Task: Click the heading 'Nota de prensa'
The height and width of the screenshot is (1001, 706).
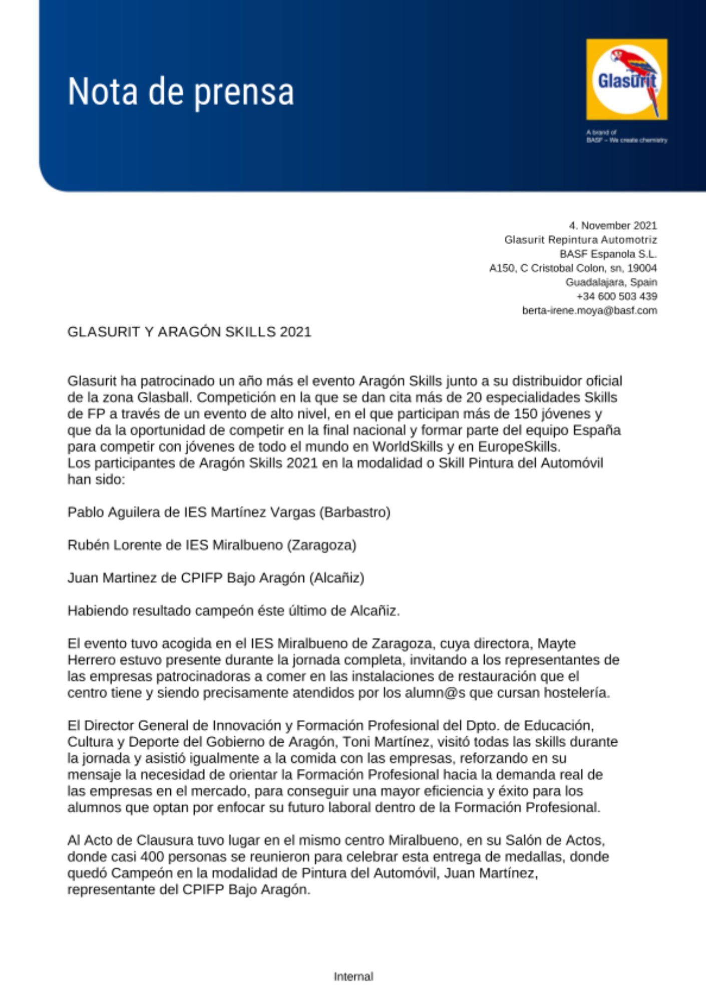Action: click(x=180, y=92)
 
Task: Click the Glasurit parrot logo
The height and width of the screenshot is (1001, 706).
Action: click(x=626, y=80)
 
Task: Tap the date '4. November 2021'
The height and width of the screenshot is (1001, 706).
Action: click(x=612, y=226)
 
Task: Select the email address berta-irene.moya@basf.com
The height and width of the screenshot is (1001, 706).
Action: click(x=589, y=311)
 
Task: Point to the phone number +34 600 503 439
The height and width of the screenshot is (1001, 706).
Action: click(x=616, y=296)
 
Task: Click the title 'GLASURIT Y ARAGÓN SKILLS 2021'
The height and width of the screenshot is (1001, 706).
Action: click(x=189, y=332)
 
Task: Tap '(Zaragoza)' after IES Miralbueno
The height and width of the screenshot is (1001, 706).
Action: click(x=321, y=545)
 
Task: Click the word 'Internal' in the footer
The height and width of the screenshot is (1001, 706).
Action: click(x=354, y=976)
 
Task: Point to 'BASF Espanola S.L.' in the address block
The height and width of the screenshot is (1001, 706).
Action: click(x=608, y=254)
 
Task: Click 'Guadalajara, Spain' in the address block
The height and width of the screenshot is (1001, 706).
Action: click(x=611, y=282)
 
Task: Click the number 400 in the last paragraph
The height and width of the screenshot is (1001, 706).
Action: click(x=152, y=857)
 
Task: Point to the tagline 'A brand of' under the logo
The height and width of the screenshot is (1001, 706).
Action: click(x=601, y=133)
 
